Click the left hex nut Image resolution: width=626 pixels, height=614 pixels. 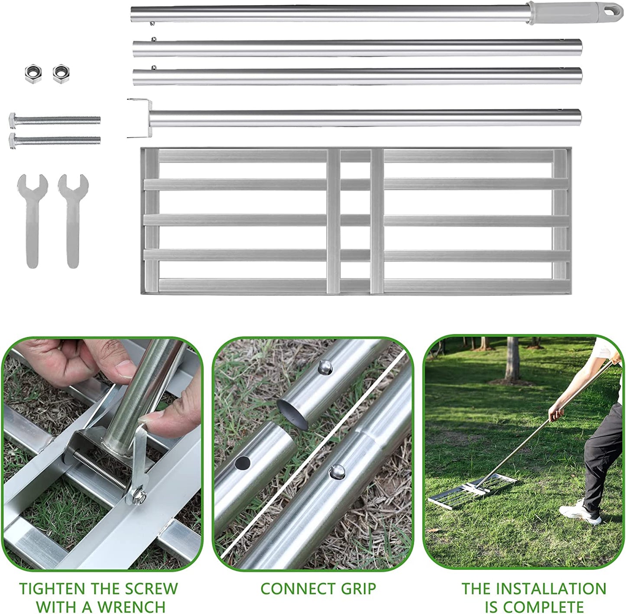tap(33, 74)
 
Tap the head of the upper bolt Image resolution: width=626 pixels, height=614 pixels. tap(12, 121)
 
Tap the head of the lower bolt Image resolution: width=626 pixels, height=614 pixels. tap(12, 141)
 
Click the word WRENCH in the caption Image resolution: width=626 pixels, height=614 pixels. tap(132, 605)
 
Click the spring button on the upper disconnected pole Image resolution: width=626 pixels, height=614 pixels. tap(325, 367)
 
